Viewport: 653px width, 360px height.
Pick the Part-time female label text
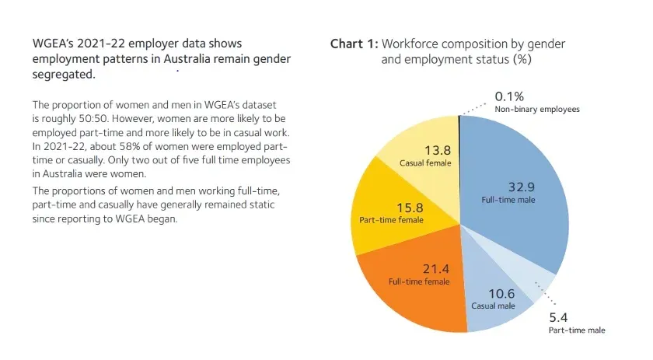391,220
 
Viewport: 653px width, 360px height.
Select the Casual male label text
493,306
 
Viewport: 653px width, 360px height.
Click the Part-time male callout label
576,330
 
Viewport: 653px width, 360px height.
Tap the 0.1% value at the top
510,97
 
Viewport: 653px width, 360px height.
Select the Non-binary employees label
537,110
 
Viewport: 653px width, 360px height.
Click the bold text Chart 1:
354,44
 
